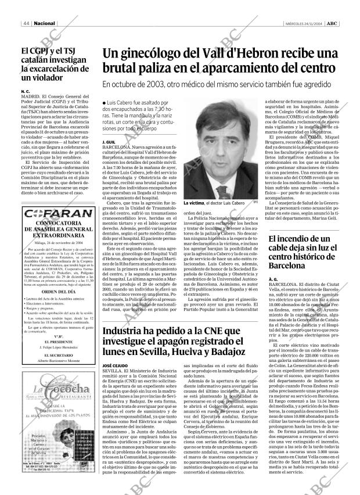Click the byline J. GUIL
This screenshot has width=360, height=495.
[x=108, y=142]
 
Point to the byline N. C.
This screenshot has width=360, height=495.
[x=24, y=92]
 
